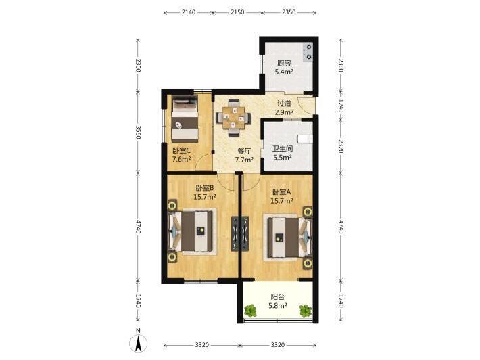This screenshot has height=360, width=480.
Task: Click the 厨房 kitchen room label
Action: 284,64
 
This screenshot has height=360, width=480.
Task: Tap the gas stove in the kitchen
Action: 308,52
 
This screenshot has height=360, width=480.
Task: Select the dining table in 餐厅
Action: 233,118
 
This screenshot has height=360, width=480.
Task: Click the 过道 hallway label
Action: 284,104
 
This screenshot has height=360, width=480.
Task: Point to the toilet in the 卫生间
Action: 306,139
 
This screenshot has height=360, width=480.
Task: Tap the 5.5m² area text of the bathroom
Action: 282,158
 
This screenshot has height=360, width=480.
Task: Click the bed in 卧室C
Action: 185,118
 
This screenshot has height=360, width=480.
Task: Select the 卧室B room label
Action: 204,187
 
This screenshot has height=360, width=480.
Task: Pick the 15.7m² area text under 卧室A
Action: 282,201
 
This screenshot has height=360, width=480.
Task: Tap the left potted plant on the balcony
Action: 251,311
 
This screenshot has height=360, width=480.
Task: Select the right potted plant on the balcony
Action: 306,311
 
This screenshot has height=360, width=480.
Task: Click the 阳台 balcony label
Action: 278,297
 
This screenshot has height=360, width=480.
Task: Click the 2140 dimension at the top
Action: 188,12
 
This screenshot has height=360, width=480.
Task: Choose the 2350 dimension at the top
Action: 289,12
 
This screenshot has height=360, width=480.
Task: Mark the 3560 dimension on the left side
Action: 138,132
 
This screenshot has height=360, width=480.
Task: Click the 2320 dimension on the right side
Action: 341,146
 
